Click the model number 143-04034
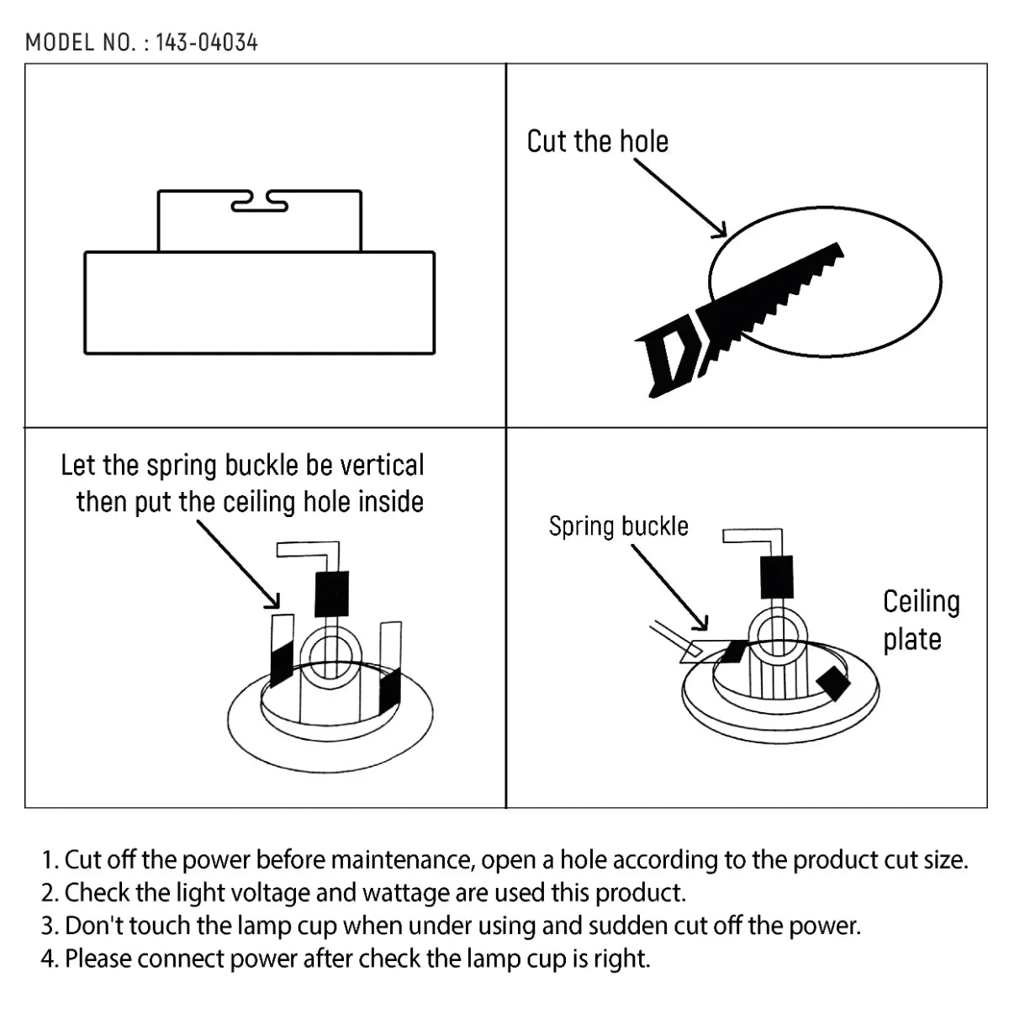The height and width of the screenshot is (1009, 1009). [206, 42]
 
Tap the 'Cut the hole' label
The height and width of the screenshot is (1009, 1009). [597, 141]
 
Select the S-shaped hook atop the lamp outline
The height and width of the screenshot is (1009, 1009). [259, 202]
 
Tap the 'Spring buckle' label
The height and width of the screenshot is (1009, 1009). [618, 526]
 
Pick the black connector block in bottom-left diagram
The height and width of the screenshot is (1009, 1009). [331, 594]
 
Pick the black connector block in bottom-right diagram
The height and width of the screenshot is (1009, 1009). [776, 578]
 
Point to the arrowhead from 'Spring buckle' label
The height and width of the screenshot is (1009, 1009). [702, 624]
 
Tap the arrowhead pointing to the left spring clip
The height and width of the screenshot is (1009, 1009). [273, 601]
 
